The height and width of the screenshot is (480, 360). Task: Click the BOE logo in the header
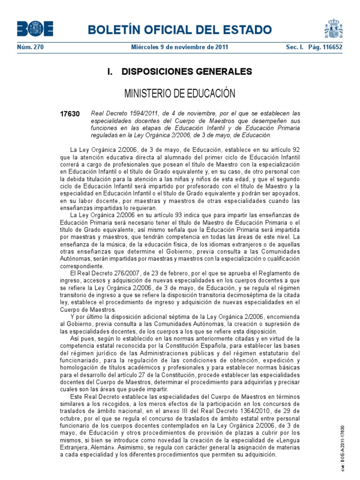tap(35, 29)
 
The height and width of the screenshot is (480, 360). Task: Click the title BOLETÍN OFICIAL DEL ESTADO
tap(183, 30)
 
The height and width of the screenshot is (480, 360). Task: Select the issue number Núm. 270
tap(30, 47)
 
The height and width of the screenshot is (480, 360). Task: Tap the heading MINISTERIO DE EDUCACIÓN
tap(180, 94)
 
